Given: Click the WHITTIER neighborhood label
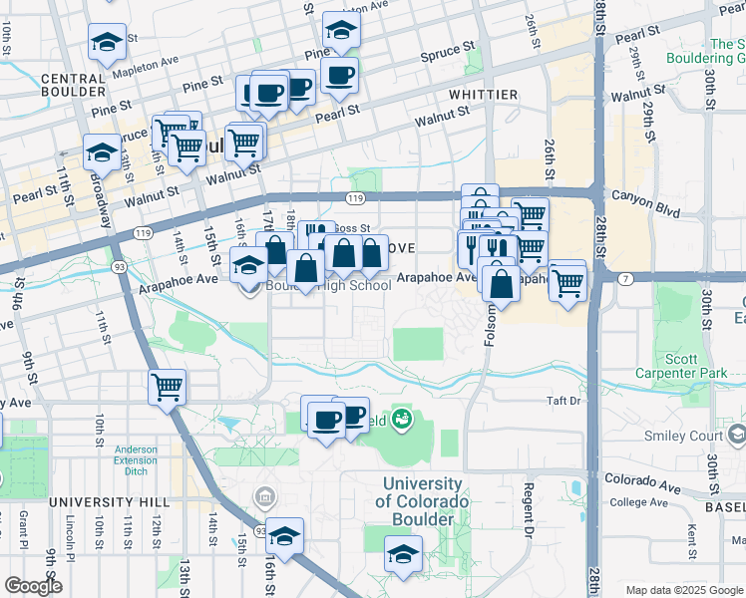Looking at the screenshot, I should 483,95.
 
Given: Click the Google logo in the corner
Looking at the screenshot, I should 32,586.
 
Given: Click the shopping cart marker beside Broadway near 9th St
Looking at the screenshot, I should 167,387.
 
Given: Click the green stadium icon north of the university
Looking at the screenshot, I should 402,417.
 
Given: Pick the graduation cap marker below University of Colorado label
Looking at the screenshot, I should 403,555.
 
